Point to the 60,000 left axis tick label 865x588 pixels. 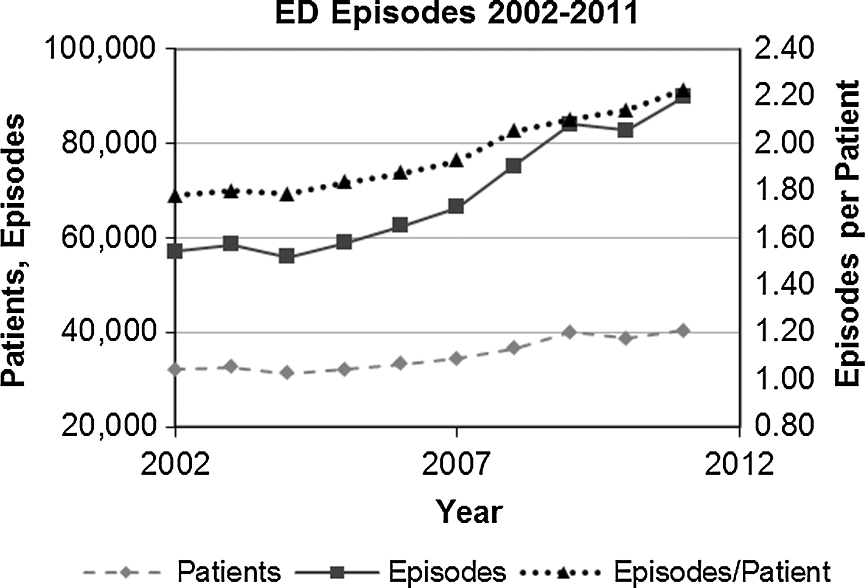click(109, 238)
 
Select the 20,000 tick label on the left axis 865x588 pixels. click(109, 427)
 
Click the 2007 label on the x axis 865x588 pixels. click(455, 464)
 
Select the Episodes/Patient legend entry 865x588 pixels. click(675, 571)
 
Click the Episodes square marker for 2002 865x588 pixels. click(175, 251)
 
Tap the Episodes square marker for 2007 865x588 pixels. click(456, 206)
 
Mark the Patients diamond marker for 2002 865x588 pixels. click(175, 369)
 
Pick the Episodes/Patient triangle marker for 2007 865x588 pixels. click(456, 160)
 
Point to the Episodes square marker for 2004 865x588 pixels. click(287, 256)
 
